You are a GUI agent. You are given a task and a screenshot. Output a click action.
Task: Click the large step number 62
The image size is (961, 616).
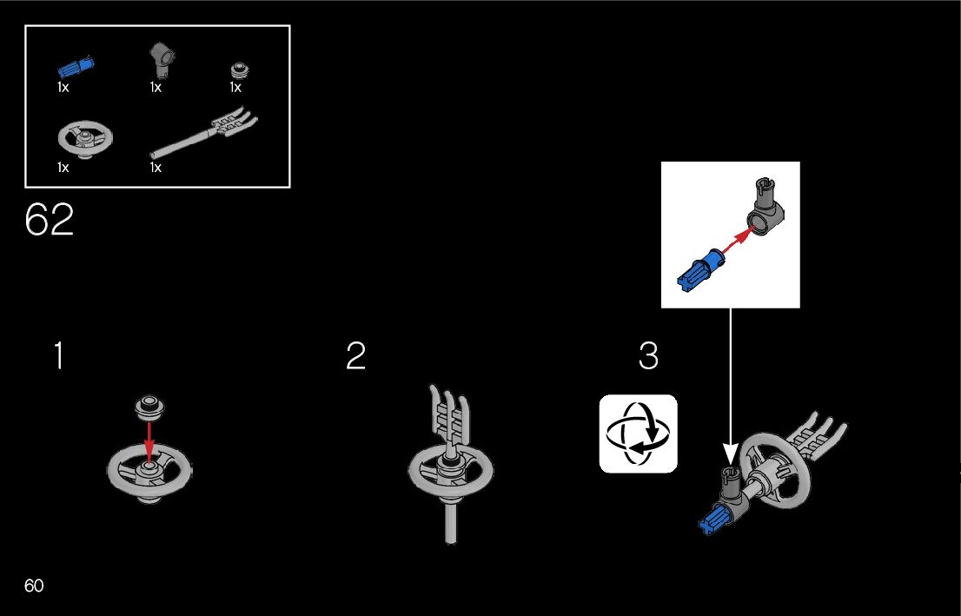[50, 221]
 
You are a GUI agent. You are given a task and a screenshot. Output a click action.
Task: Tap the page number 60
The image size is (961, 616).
[34, 586]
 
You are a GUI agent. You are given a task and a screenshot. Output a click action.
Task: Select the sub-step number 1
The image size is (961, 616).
[57, 356]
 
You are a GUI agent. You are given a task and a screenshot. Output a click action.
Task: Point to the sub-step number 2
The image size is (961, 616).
[355, 356]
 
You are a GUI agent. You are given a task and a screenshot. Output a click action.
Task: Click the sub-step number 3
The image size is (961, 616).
[648, 356]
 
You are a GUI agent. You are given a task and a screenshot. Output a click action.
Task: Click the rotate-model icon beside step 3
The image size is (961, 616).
[638, 434]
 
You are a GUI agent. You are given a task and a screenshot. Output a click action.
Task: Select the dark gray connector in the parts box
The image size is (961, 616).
[160, 60]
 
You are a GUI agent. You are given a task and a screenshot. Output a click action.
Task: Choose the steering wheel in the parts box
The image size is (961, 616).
[85, 139]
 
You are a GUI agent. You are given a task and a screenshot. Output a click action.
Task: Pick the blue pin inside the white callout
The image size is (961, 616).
[699, 269]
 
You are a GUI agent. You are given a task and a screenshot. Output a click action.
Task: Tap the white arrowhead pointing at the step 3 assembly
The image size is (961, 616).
[730, 453]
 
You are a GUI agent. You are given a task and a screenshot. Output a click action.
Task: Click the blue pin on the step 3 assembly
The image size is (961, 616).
[715, 519]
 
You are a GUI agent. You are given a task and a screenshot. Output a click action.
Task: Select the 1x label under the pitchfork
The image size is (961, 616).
[156, 168]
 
